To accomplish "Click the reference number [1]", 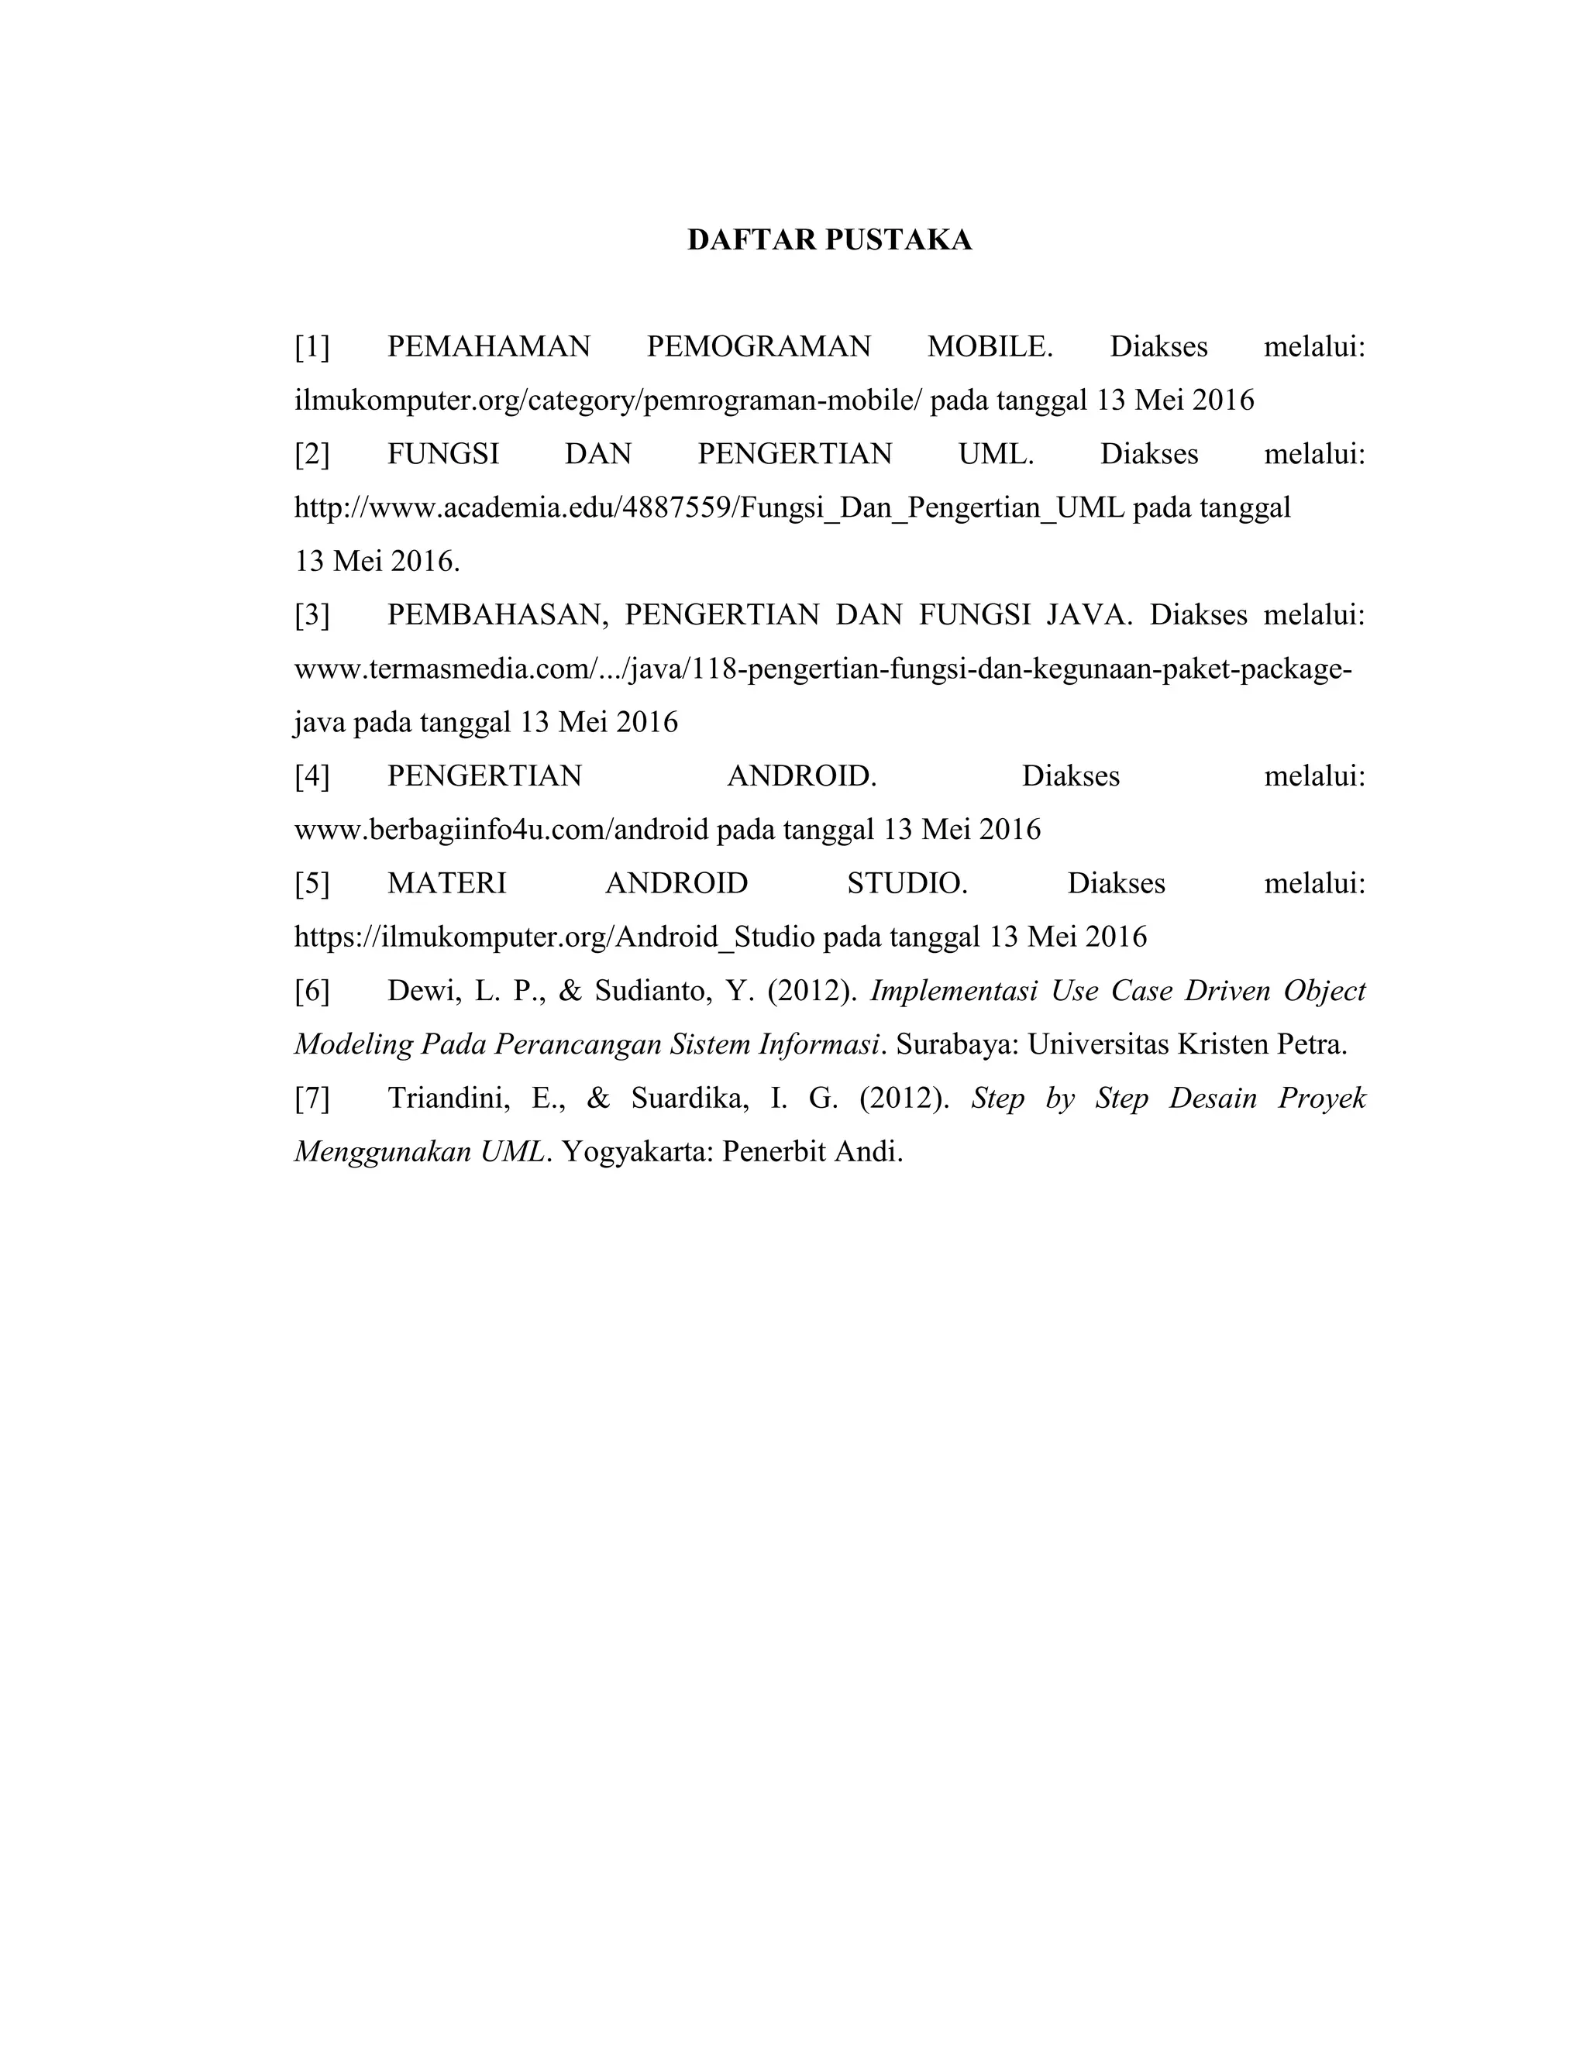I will tap(312, 347).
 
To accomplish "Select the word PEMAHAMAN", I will tap(488, 347).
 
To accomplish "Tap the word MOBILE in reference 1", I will tap(988, 347).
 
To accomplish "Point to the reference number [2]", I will tap(312, 454).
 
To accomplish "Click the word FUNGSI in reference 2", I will tap(442, 454).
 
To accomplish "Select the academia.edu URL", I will tap(709, 507).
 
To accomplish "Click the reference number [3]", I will tap(312, 615).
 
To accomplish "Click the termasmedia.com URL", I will tap(823, 669).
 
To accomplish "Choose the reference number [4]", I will tap(312, 775).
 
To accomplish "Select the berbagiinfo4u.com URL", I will tap(501, 829).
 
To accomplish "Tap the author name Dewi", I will tap(420, 991).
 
